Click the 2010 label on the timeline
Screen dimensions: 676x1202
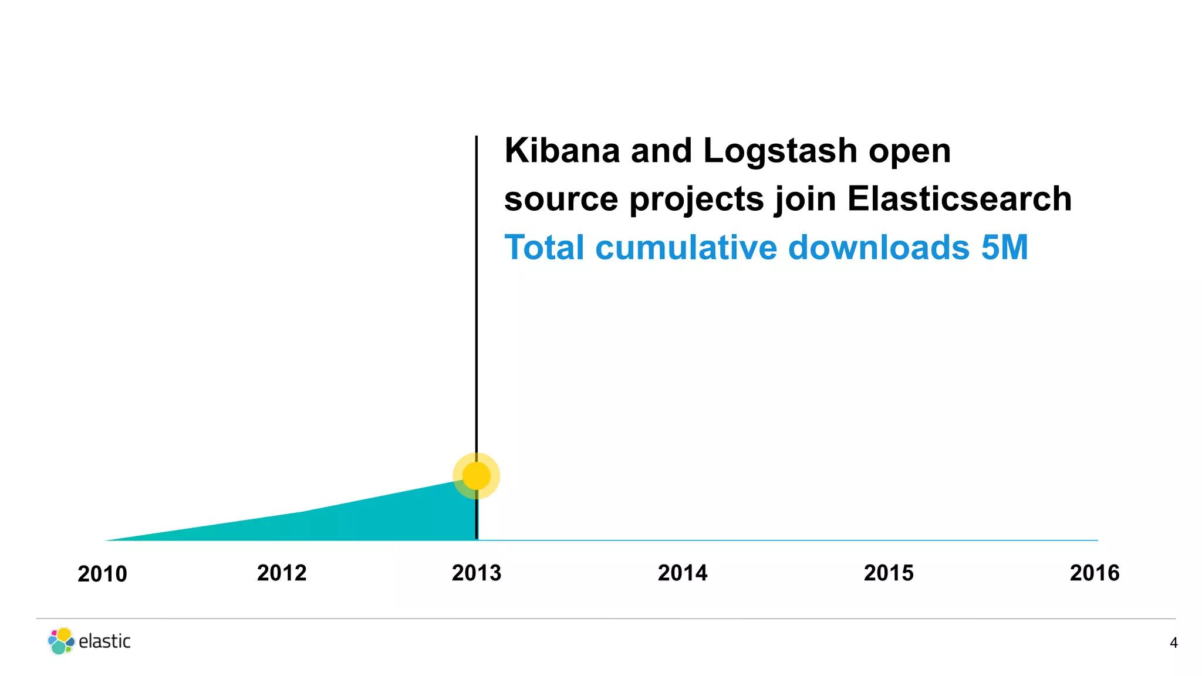click(x=102, y=574)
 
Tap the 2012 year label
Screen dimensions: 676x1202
click(x=282, y=573)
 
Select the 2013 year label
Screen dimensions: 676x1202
click(x=477, y=573)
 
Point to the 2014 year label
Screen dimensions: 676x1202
click(x=683, y=573)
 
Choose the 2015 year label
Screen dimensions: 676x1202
click(x=889, y=573)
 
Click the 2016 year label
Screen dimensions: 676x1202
click(x=1095, y=573)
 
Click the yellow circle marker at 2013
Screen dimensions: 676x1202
click(x=477, y=475)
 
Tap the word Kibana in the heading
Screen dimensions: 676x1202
click(x=562, y=151)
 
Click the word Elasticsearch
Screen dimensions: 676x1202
click(x=959, y=199)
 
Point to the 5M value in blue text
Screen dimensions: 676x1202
click(x=1004, y=247)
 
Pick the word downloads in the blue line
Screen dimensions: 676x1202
click(x=879, y=247)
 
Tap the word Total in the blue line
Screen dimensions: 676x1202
click(x=544, y=247)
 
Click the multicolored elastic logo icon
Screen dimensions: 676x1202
click(x=61, y=641)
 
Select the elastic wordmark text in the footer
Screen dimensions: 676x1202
click(x=104, y=641)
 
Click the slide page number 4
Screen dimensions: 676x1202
click(x=1173, y=643)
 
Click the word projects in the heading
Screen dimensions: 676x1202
click(x=697, y=199)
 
